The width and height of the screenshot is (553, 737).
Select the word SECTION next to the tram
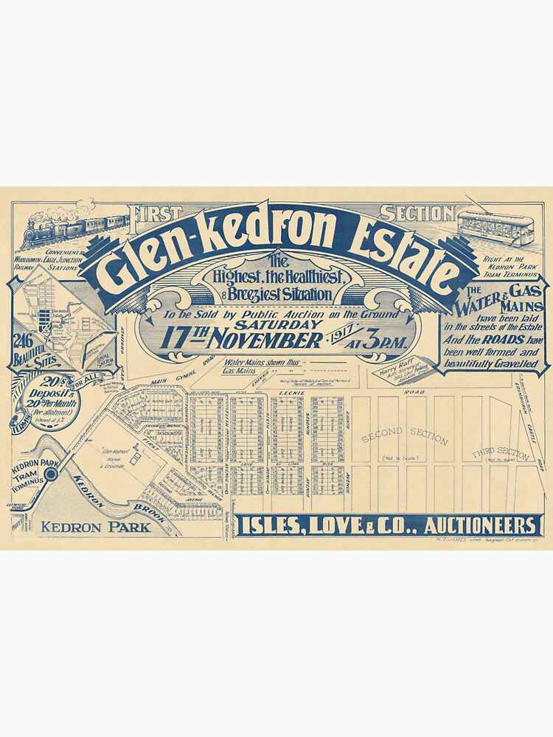[428, 214]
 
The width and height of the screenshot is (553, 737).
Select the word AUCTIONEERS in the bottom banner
[475, 525]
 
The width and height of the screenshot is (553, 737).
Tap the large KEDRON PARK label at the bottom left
[95, 526]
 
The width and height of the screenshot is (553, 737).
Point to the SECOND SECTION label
[404, 438]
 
